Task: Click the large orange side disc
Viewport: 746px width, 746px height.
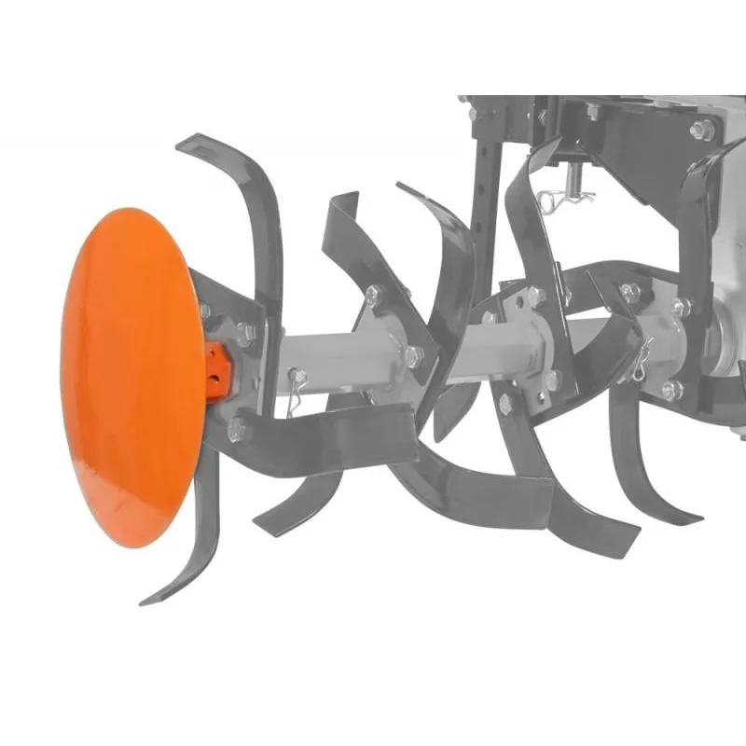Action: coord(131,373)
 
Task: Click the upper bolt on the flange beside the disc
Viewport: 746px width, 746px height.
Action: coord(244,329)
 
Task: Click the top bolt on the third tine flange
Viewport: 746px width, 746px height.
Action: coord(533,297)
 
